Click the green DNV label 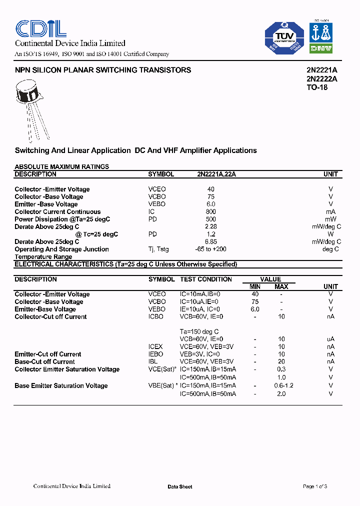322,48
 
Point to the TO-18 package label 317,87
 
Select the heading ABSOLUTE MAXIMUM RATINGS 62,166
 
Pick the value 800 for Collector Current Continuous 210,211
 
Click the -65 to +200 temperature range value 210,249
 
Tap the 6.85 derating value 210,241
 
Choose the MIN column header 255,286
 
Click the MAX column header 281,286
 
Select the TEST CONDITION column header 206,279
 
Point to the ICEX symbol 155,346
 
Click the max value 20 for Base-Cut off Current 281,361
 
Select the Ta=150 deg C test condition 199,331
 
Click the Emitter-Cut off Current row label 48,354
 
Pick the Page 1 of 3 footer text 315,486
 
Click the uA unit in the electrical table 330,339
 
